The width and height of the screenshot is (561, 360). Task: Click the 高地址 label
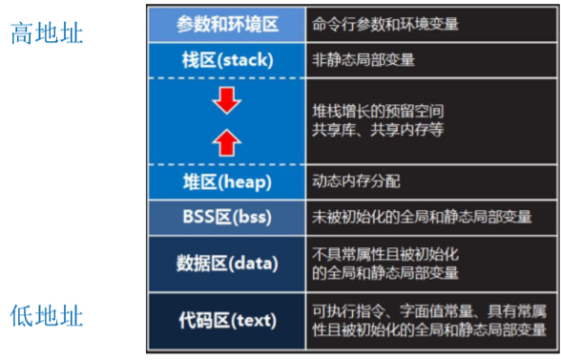pos(48,35)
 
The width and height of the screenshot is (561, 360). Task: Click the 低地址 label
pos(48,316)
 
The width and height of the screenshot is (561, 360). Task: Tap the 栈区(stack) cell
pos(227,60)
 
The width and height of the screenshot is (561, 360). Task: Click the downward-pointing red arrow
pos(226,98)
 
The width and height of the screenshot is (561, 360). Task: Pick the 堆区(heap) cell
pos(227,180)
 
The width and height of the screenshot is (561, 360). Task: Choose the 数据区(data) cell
pos(227,262)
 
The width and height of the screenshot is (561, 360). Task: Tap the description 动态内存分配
pos(356,180)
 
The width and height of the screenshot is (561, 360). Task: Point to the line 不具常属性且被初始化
pos(385,254)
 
